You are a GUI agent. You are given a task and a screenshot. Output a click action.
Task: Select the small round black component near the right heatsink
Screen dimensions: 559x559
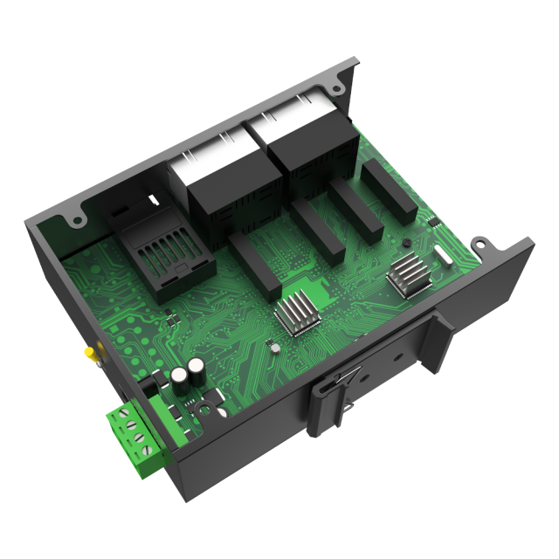coord(404,243)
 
